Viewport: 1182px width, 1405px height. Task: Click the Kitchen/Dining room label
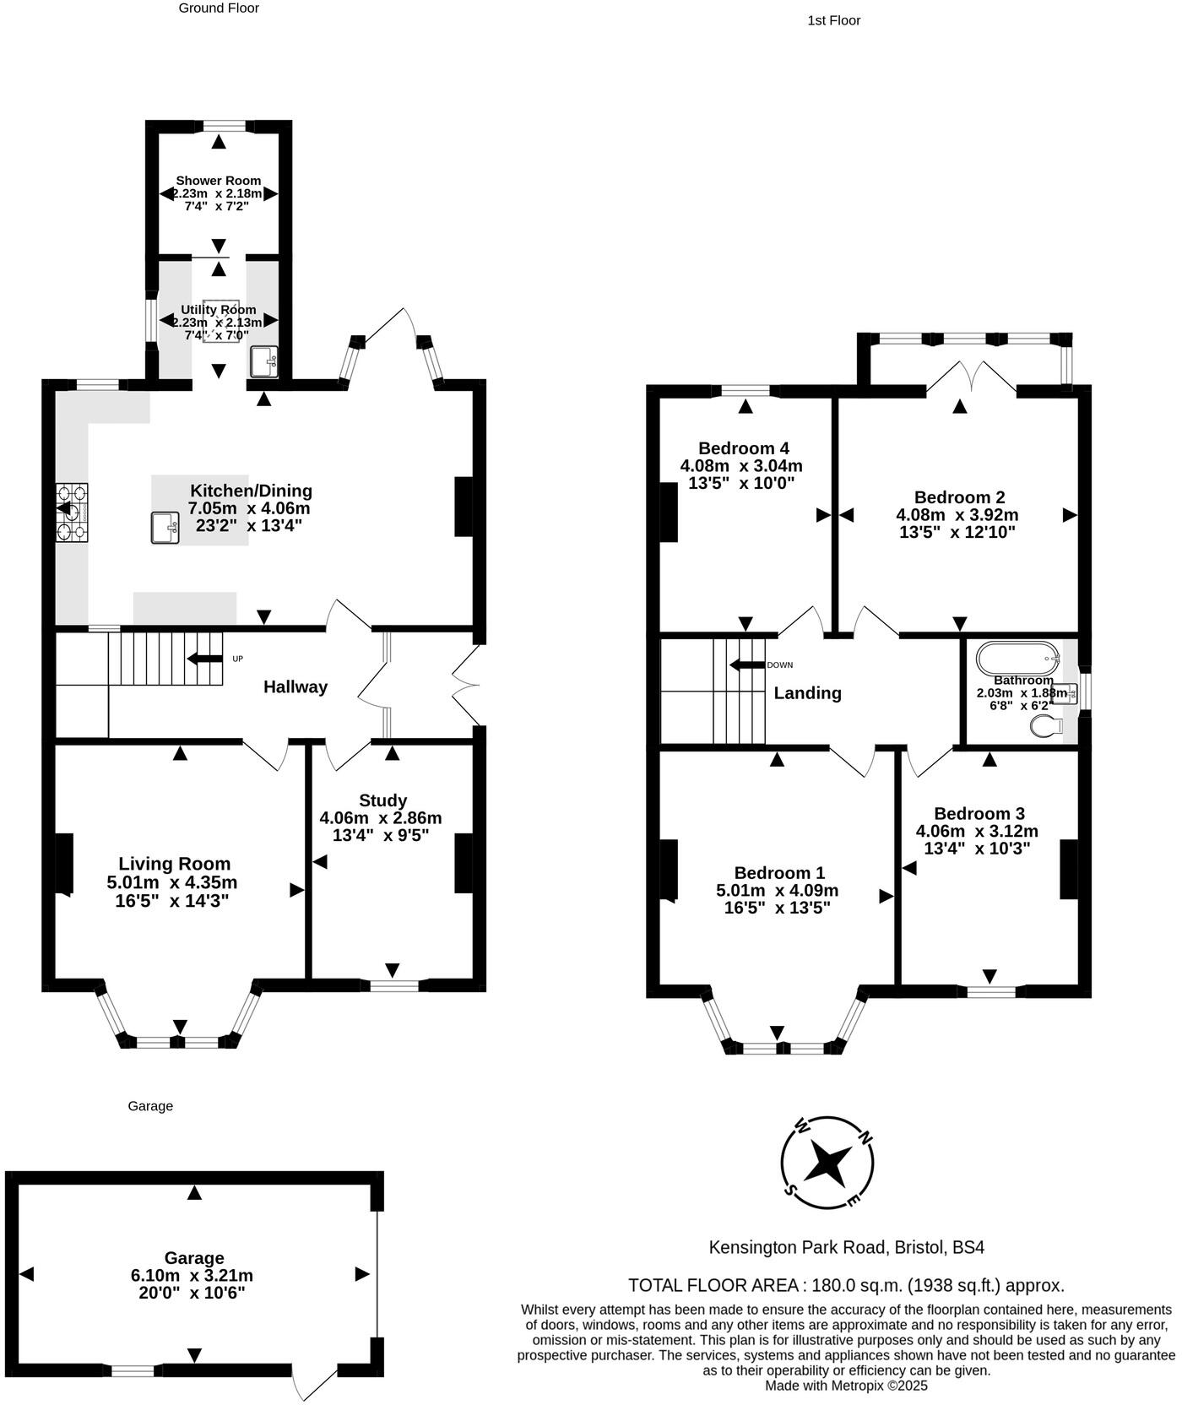[x=251, y=491]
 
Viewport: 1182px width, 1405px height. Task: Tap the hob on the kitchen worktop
[x=72, y=510]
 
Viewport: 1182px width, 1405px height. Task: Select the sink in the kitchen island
[x=165, y=528]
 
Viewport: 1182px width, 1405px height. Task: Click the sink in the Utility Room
[x=263, y=362]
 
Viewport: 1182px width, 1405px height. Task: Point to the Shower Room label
[x=218, y=181]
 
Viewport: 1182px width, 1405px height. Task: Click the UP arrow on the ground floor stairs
[x=205, y=659]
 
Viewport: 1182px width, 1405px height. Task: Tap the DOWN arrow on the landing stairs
[x=747, y=665]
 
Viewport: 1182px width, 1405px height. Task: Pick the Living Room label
[x=174, y=864]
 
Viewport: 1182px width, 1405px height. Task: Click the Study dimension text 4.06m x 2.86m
[x=381, y=818]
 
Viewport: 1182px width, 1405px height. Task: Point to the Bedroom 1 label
[x=779, y=873]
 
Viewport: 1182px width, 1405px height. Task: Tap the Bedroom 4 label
[x=744, y=448]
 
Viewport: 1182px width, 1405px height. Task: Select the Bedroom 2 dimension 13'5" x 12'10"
[x=957, y=533]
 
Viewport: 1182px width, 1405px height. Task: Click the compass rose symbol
[x=827, y=1162]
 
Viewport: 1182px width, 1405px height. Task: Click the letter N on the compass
[x=864, y=1137]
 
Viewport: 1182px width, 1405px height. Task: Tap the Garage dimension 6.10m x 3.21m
[x=192, y=1276]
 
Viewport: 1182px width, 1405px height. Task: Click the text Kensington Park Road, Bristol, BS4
[x=846, y=1247]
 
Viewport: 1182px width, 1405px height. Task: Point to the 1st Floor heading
[x=833, y=20]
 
